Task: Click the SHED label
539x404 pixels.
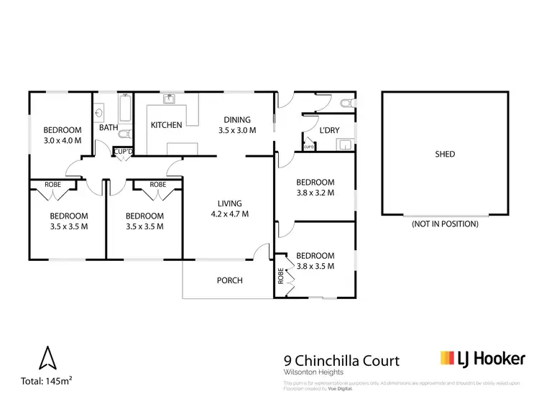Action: (446, 154)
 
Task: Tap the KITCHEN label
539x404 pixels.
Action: (166, 125)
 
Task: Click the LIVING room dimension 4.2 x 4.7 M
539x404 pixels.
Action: (229, 214)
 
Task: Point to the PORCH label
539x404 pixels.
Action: (229, 280)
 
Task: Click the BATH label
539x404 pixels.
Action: (109, 128)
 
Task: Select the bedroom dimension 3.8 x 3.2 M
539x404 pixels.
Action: (315, 193)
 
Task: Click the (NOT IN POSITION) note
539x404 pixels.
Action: (445, 224)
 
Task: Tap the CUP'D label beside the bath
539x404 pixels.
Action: (124, 152)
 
